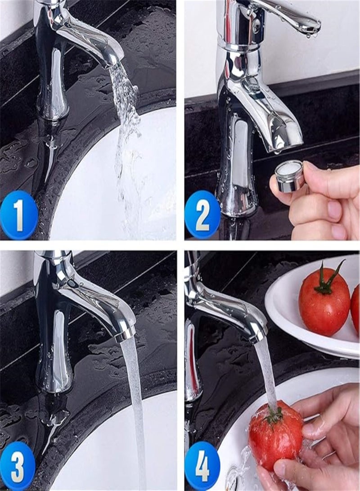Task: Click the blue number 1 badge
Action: pos(18,215)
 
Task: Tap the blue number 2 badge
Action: pos(202,215)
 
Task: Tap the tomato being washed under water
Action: pos(275,434)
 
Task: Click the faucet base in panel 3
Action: pos(54,378)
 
